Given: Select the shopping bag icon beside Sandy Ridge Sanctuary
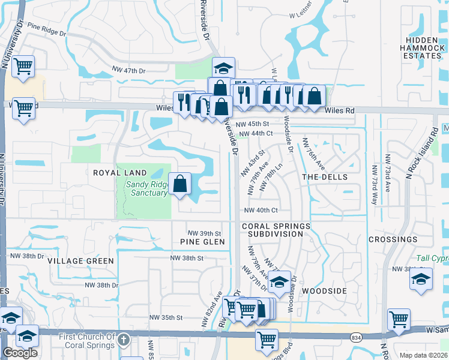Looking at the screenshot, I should click(180, 184).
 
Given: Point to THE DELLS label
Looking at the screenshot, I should click(324, 177).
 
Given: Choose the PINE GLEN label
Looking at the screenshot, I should click(202, 242).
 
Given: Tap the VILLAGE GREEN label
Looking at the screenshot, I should click(81, 261).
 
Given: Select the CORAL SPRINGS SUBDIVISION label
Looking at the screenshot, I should click(277, 230).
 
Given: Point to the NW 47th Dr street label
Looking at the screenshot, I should click(128, 71).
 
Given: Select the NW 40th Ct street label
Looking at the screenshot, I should click(261, 210).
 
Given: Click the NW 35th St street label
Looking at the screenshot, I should click(166, 317).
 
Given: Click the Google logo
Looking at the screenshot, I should click(20, 353).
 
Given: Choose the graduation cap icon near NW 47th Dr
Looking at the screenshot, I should click(223, 68).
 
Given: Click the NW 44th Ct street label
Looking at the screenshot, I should click(256, 134).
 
